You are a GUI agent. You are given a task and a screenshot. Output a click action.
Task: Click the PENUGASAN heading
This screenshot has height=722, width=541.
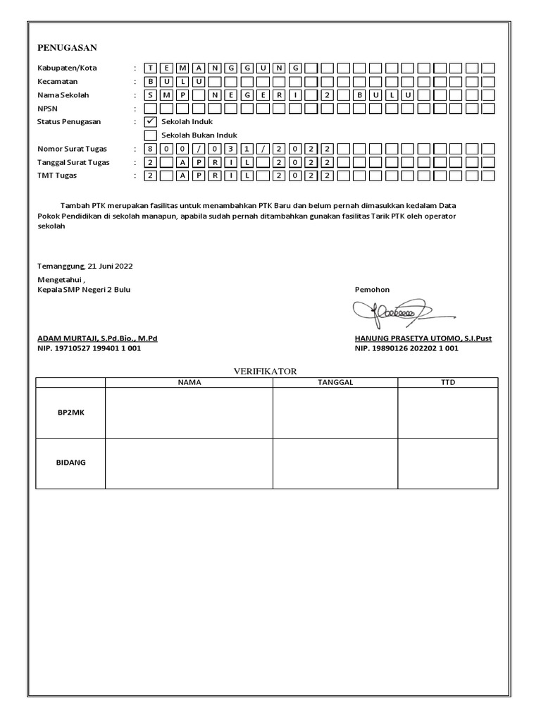[x=67, y=48]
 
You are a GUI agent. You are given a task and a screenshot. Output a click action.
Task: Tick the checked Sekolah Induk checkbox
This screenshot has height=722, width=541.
[x=150, y=121]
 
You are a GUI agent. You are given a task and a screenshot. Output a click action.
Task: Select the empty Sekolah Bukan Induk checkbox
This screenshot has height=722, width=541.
[x=150, y=135]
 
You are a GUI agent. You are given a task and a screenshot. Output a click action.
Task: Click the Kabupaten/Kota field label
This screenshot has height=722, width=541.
[x=67, y=68]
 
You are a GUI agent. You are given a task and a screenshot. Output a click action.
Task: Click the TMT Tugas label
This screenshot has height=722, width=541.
[x=57, y=175]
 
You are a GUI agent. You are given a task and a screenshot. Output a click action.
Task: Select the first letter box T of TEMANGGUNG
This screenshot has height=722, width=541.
[x=150, y=68]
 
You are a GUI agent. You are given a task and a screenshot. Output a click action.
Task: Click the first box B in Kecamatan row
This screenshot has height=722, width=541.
[x=150, y=82]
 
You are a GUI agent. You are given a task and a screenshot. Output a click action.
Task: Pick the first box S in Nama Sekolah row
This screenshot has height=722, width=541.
[x=150, y=95]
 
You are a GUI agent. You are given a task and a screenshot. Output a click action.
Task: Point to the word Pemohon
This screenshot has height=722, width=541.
[x=372, y=290]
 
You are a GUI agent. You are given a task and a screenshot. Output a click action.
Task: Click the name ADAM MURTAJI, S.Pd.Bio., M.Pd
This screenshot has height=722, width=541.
[x=97, y=338]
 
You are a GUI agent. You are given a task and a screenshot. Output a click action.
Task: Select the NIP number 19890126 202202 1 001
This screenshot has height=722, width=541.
[x=406, y=348]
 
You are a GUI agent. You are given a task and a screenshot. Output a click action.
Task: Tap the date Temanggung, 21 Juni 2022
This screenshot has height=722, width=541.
[x=85, y=267]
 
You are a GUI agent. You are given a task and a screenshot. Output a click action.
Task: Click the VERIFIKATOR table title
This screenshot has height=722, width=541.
[x=266, y=371]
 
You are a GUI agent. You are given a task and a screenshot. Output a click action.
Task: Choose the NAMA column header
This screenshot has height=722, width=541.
[x=189, y=382]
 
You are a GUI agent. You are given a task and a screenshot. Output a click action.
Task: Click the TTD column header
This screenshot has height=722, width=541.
[x=447, y=382]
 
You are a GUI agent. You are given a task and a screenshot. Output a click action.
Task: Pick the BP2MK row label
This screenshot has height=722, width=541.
[x=70, y=412]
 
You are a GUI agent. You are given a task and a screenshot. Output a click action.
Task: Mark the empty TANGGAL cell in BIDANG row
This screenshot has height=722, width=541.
[x=335, y=463]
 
